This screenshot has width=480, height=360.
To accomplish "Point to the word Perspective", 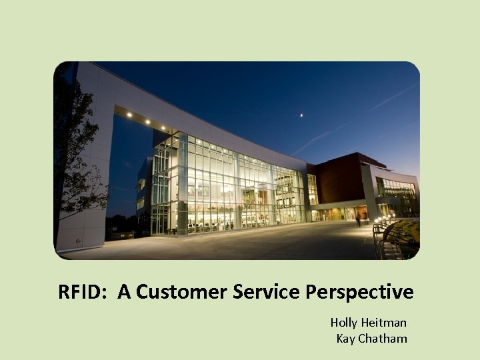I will (361, 292).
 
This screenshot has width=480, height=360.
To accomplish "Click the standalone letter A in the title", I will (124, 292).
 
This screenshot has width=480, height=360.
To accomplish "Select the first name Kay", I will (346, 339).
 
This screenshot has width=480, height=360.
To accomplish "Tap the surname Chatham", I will (383, 339).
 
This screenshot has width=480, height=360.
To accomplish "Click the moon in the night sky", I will (301, 115).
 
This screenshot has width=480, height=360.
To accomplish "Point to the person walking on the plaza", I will (357, 219).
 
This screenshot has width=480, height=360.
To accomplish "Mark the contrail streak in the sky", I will (353, 120).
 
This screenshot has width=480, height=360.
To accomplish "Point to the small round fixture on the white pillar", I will (79, 240).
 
